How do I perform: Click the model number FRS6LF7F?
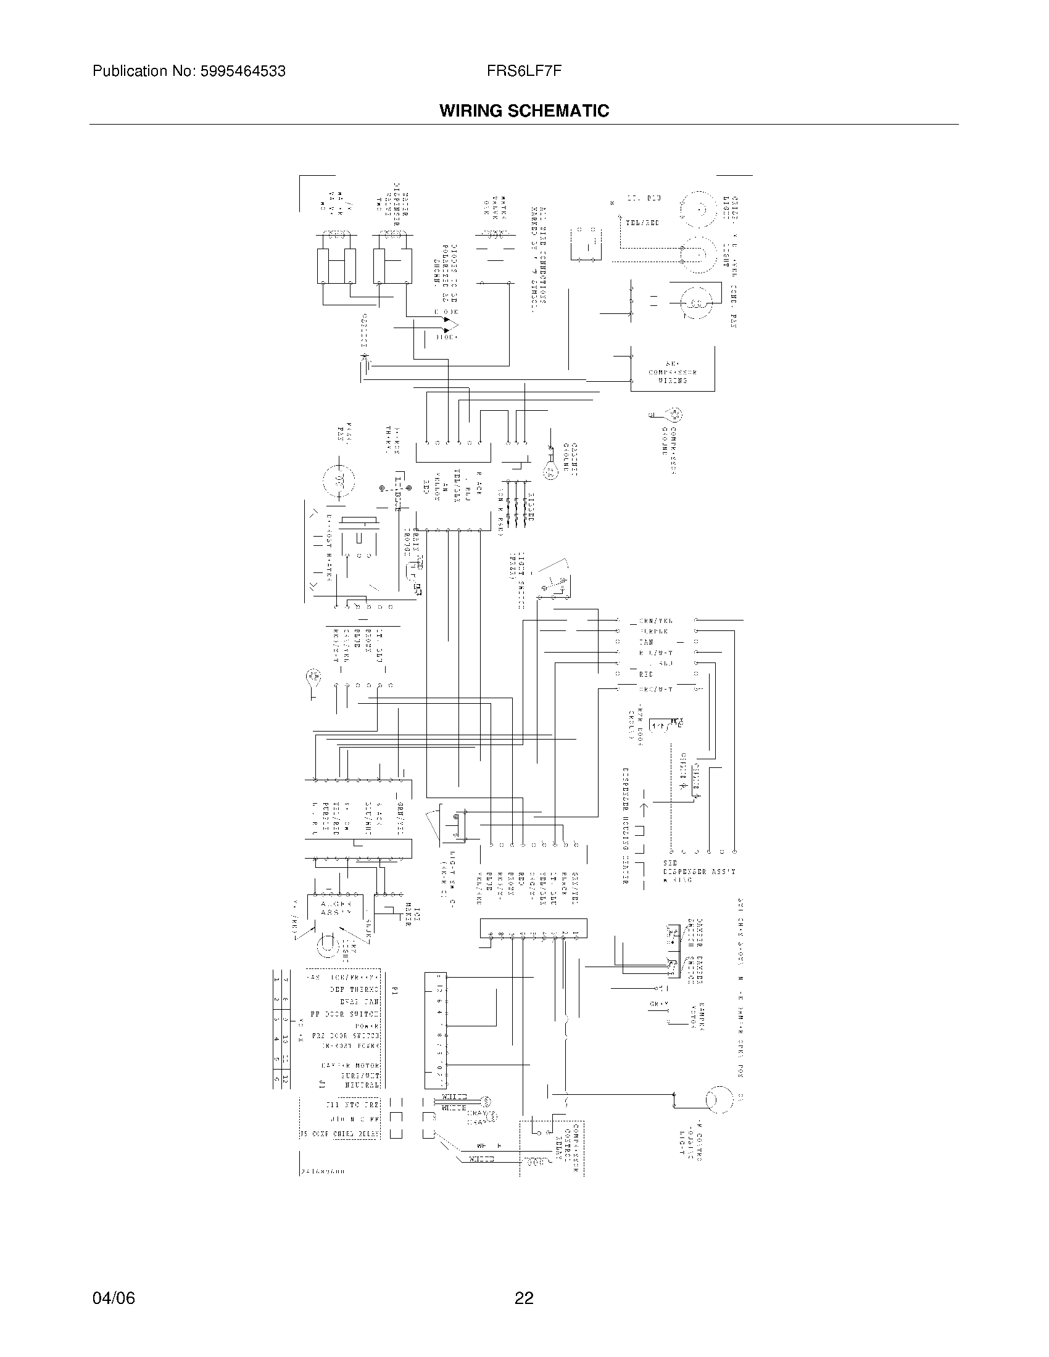[525, 72]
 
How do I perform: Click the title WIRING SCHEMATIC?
[524, 111]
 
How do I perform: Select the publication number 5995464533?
[242, 72]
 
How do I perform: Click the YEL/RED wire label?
[642, 222]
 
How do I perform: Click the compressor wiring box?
[673, 369]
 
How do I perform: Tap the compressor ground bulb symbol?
[674, 415]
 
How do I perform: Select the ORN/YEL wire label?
[655, 621]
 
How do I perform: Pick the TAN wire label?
[646, 642]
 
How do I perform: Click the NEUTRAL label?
[362, 1085]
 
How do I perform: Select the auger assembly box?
[336, 908]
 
